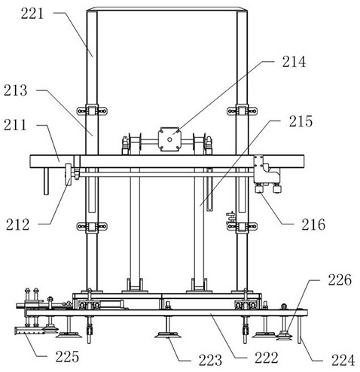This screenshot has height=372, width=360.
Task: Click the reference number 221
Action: [x=32, y=14]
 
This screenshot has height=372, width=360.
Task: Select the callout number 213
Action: [x=15, y=90]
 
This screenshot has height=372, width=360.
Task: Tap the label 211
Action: [x=15, y=125]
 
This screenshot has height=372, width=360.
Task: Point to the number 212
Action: [x=18, y=224]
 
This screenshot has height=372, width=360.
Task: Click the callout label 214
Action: [x=294, y=62]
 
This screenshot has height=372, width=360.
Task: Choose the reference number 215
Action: [x=301, y=121]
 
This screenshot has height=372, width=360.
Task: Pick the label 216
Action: [x=313, y=224]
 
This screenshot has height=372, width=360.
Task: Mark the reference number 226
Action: [x=340, y=279]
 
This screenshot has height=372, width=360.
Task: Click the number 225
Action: [x=67, y=356]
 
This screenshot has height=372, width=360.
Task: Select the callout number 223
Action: [x=210, y=360]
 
